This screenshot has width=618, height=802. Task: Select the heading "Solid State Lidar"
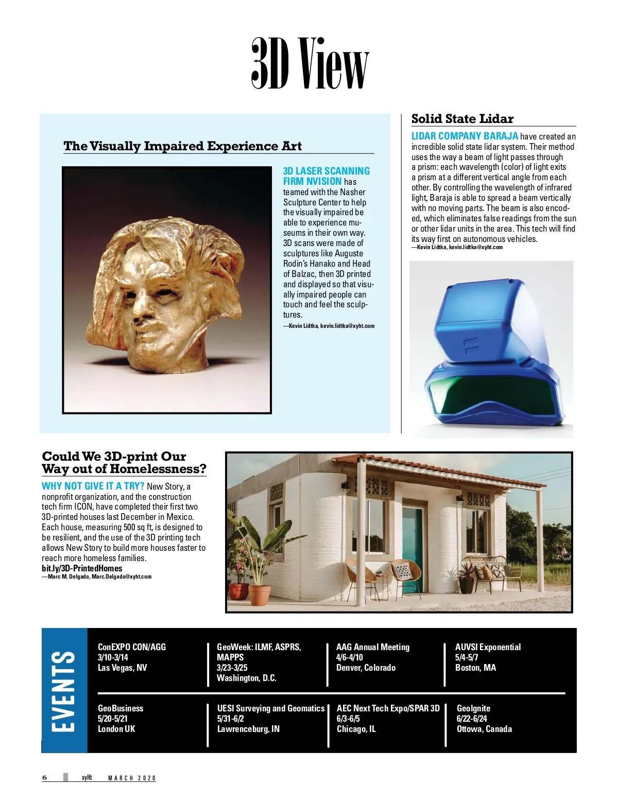462,119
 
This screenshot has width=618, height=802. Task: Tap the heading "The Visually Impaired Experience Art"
182,146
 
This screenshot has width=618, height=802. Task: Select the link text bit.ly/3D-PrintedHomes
82,568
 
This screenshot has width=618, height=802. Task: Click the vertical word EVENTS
64,690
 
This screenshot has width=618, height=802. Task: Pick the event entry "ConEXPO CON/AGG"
132,647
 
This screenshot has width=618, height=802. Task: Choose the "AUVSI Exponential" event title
488,647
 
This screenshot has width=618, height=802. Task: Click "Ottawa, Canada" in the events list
484,729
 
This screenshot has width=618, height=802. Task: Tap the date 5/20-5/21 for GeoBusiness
113,719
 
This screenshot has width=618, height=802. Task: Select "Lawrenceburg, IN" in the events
248,729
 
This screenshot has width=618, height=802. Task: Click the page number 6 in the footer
44,777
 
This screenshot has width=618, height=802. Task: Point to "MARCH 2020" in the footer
132,778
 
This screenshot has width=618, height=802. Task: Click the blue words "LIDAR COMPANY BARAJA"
465,136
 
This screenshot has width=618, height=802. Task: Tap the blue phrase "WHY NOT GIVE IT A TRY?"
93,486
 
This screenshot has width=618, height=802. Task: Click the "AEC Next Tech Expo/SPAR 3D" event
388,708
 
